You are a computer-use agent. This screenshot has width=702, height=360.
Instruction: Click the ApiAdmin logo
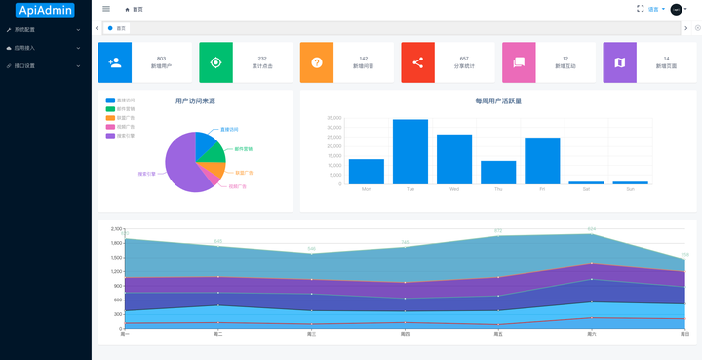[x=45, y=10]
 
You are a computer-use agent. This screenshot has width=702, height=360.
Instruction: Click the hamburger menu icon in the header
[x=106, y=9]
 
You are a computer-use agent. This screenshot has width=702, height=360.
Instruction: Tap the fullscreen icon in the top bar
[x=640, y=9]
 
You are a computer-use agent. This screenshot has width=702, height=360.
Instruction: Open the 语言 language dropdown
[x=656, y=9]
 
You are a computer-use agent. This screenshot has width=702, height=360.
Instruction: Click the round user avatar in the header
[x=676, y=9]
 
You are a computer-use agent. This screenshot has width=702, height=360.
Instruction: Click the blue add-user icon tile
[x=115, y=62]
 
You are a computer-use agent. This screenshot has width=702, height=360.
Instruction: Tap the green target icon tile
[x=215, y=62]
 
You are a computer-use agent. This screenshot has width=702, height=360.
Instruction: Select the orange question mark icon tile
[x=317, y=62]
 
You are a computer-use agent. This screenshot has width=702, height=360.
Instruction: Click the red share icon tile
[x=417, y=62]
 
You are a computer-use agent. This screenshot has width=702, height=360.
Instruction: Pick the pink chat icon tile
[x=519, y=62]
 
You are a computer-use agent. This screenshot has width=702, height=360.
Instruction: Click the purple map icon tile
[x=619, y=62]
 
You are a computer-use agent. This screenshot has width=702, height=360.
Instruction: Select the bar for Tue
[x=409, y=151]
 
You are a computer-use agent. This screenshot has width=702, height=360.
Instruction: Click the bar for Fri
[x=542, y=161]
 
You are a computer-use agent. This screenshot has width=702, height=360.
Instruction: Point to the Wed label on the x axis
[x=454, y=189]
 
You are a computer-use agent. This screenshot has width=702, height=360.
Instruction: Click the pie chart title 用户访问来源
[x=195, y=100]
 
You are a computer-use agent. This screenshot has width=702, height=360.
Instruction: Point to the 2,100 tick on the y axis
[x=116, y=228]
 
